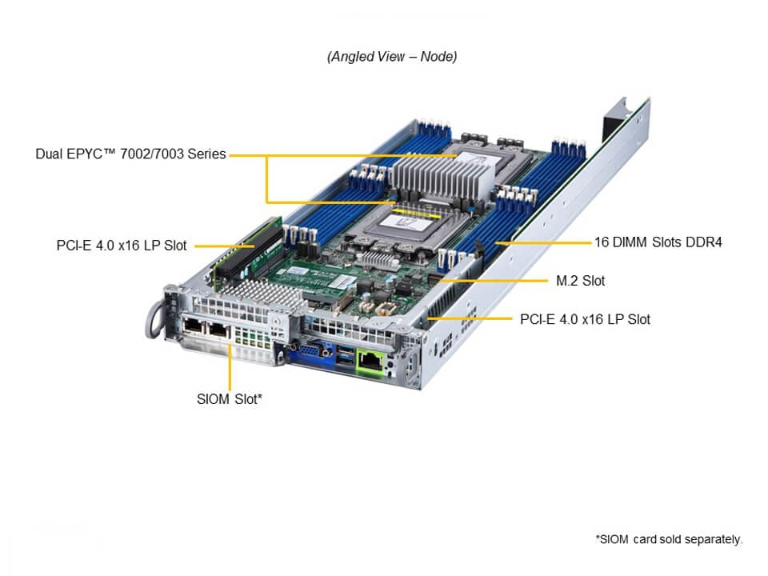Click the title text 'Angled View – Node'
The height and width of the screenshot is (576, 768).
pos(391,57)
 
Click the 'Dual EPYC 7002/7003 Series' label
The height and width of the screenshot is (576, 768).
pos(130,154)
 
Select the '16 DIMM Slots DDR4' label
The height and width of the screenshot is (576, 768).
pos(658,242)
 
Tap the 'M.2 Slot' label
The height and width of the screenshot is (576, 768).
pos(580,281)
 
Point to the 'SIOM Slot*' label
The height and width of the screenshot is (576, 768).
pos(229,398)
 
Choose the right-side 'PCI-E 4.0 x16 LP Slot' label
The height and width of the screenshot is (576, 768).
pos(585,319)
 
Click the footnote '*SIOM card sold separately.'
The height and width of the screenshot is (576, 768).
pos(669,539)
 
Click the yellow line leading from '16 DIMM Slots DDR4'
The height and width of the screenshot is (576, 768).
pos(544,242)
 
